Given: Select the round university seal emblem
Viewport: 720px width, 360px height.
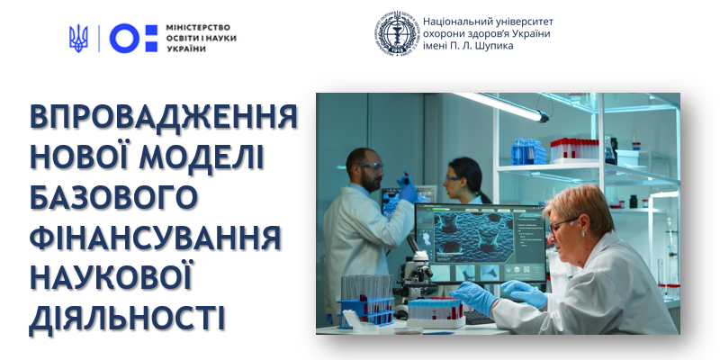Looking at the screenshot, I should (397, 34).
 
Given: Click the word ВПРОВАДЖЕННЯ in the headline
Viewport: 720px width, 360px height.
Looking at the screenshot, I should (164, 118).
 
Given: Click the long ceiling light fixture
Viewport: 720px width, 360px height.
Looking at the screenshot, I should (500, 105).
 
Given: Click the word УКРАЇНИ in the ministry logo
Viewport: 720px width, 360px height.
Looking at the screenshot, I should (186, 49).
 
